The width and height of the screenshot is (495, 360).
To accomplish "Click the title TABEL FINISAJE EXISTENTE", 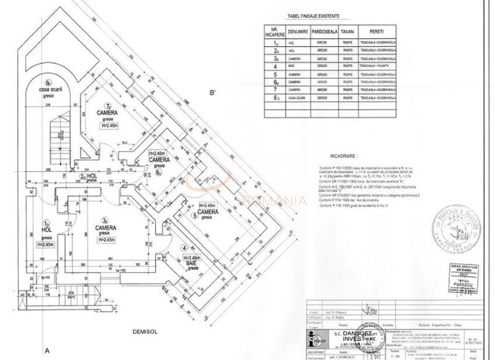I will [x=313, y=16].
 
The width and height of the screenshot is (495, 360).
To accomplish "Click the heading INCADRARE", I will [x=343, y=156].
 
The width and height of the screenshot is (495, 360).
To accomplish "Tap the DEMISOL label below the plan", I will [x=145, y=331].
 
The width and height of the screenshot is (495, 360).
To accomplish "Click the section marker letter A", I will [x=47, y=351].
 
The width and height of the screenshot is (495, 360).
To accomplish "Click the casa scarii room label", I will [x=51, y=90].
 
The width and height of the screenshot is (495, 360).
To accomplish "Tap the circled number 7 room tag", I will [x=107, y=106].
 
